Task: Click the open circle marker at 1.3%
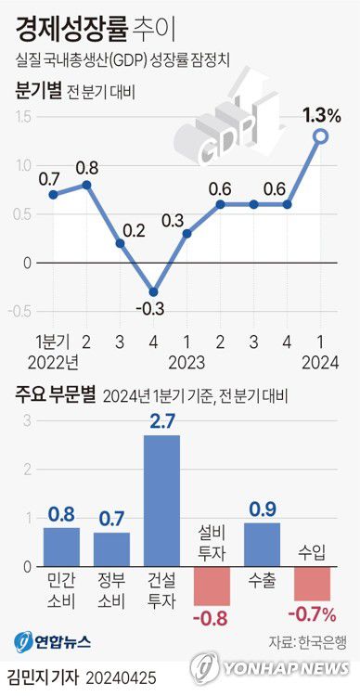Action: [320, 136]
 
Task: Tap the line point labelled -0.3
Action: [153, 291]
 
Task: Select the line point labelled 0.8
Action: [86, 184]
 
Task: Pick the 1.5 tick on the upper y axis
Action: [23, 117]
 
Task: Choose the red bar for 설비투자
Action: [212, 583]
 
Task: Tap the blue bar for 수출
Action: [262, 543]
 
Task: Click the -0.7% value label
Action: [312, 613]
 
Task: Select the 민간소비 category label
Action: [61, 589]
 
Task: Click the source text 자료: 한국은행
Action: [308, 641]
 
